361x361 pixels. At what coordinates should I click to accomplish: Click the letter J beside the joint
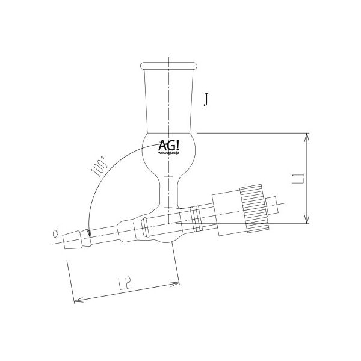coord(206,99)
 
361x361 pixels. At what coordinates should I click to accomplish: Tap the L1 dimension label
coord(296,178)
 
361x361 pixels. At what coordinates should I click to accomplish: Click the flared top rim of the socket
coord(169,64)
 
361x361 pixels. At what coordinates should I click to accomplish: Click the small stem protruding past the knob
coord(274,205)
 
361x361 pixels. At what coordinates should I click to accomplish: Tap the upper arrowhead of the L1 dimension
coord(307,136)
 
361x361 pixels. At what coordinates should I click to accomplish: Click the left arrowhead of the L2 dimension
coord(75,300)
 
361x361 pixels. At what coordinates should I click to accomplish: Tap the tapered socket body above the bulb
coord(169,99)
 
